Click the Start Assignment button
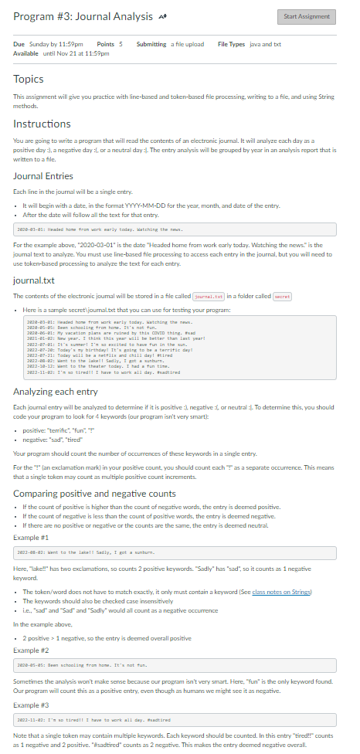(x=306, y=16)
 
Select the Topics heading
(x=28, y=79)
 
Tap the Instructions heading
(x=42, y=124)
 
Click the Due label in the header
(x=19, y=44)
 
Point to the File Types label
(x=233, y=44)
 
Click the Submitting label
(x=151, y=44)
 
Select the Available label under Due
(x=26, y=53)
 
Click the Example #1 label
(x=31, y=535)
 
